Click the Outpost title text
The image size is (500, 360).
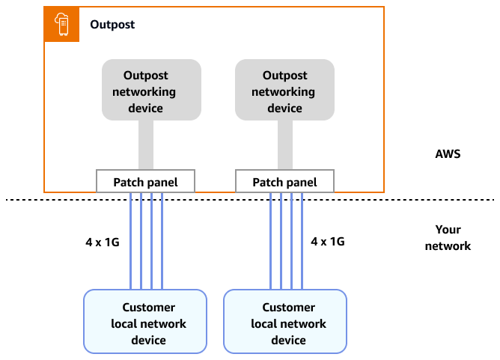point(112,25)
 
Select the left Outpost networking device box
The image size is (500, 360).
point(151,90)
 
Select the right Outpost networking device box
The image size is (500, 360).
point(284,90)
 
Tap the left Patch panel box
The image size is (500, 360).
point(145,182)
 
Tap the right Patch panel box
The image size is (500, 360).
point(284,182)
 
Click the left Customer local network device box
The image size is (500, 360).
point(144,322)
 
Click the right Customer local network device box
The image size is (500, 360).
point(284,322)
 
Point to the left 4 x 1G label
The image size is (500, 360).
point(102,242)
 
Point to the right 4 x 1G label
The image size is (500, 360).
point(328,242)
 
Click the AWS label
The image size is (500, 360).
point(448,154)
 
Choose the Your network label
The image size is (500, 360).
point(448,237)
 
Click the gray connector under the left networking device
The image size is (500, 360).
point(146,144)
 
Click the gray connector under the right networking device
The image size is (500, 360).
point(284,144)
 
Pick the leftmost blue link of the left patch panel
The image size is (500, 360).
point(131,240)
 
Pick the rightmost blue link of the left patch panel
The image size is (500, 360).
point(162,240)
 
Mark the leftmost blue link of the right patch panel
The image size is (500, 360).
point(270,240)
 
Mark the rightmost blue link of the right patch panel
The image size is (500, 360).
point(302,240)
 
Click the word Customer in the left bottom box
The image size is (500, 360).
point(148,308)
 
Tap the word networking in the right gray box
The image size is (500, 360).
point(284,92)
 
